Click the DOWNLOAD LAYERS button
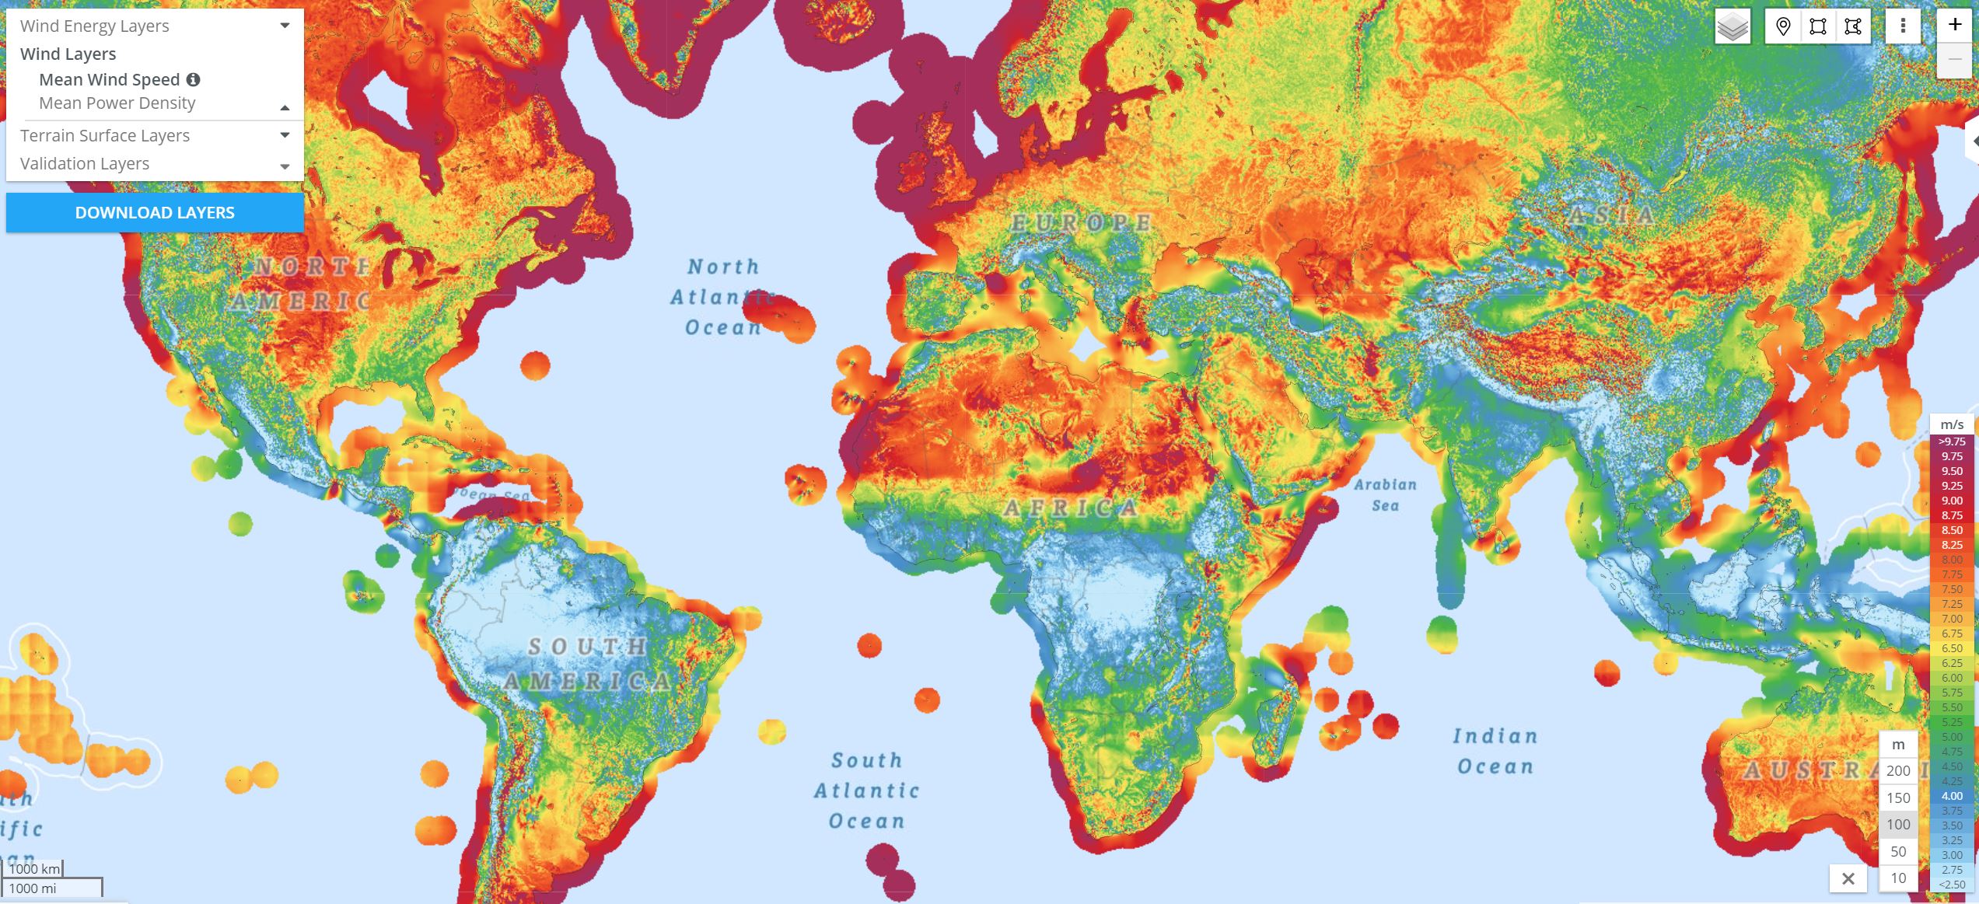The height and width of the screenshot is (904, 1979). [155, 212]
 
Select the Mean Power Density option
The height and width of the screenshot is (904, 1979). [117, 103]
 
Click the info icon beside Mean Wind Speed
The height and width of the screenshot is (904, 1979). [194, 79]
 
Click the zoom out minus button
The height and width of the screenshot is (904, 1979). [1954, 59]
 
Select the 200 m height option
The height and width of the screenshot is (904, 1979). [1898, 770]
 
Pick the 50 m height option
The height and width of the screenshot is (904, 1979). [1898, 851]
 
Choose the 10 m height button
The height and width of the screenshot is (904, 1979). [1898, 878]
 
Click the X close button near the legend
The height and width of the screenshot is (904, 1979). [1848, 878]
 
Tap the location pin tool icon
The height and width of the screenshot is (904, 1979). [1783, 26]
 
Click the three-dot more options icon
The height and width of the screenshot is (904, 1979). [1903, 26]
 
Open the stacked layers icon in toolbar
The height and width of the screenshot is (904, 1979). [1732, 26]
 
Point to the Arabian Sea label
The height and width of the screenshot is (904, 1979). [1385, 495]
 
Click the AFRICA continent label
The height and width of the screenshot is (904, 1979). [1071, 508]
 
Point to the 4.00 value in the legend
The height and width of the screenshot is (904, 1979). [1952, 796]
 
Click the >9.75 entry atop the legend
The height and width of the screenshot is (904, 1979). [1952, 442]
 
